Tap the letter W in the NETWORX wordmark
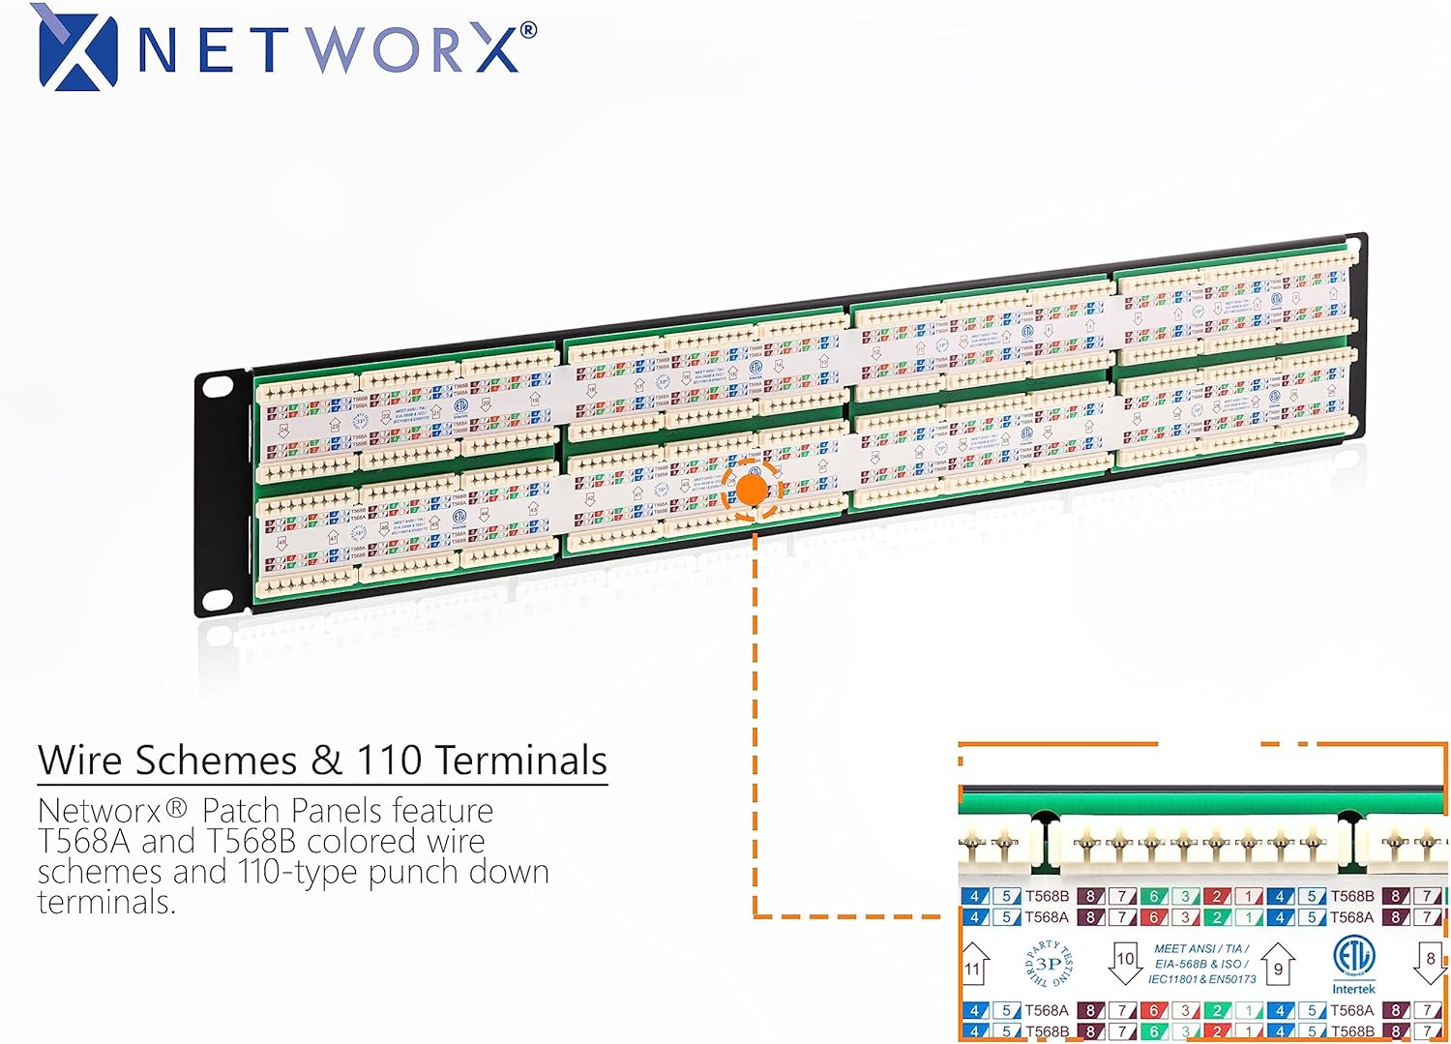click(x=337, y=49)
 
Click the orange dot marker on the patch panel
click(x=752, y=491)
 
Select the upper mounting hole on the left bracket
click(x=219, y=386)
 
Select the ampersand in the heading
click(x=327, y=761)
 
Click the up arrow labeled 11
click(x=974, y=966)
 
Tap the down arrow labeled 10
click(x=1125, y=962)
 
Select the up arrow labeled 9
click(x=1278, y=966)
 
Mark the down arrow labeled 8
click(x=1431, y=962)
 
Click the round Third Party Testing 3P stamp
click(x=1049, y=964)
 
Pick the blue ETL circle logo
click(x=1352, y=957)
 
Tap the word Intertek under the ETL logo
click(x=1353, y=989)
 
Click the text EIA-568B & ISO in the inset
click(x=1201, y=964)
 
